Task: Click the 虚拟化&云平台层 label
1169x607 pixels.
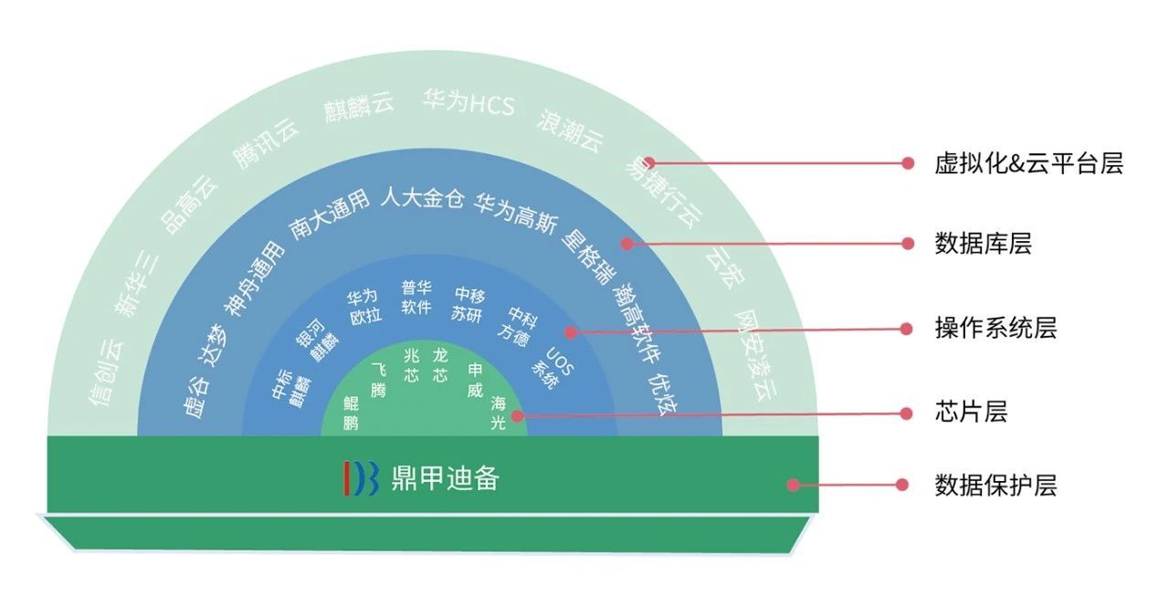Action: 1028,163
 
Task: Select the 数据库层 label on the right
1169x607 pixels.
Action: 984,244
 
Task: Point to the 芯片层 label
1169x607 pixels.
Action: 971,413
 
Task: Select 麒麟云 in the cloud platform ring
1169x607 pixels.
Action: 359,110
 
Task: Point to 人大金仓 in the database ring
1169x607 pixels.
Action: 422,198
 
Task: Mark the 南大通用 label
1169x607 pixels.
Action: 330,215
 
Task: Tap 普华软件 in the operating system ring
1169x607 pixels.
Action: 416,298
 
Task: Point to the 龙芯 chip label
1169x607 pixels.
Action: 441,364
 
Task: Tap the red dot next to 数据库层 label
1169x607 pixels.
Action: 908,244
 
